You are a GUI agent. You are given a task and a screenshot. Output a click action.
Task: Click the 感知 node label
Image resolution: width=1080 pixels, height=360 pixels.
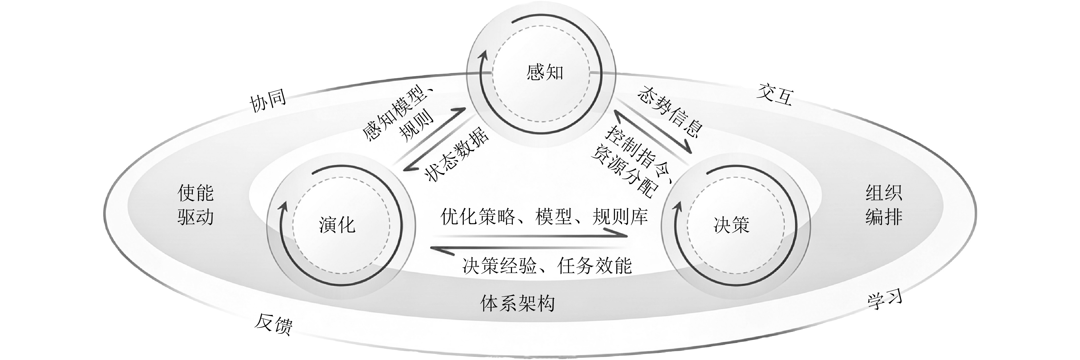pyautogui.click(x=544, y=73)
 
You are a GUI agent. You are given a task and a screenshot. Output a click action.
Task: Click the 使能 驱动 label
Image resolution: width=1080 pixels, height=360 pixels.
pyautogui.click(x=195, y=205)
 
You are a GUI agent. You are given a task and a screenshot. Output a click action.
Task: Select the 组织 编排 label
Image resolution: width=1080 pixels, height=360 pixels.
pyautogui.click(x=884, y=205)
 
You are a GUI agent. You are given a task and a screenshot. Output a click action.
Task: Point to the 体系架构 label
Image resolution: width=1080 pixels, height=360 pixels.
pyautogui.click(x=518, y=303)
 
